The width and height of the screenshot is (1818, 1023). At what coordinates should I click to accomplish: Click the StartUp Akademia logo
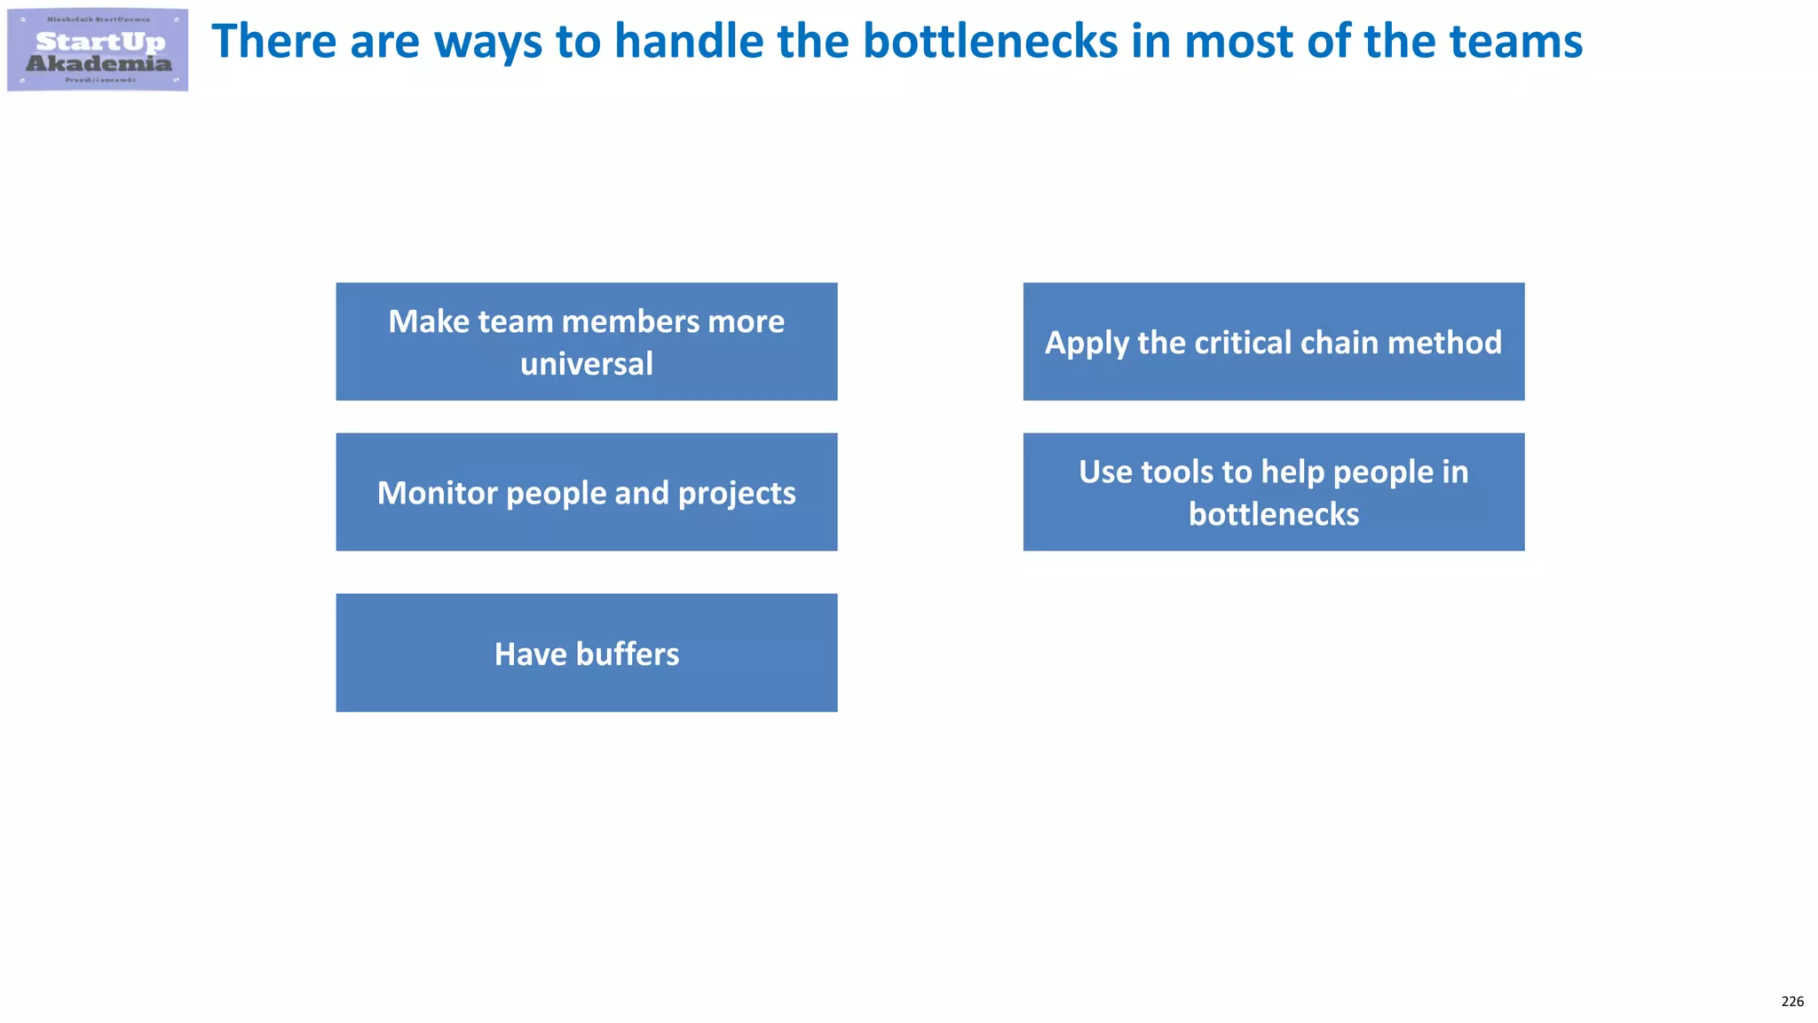click(98, 50)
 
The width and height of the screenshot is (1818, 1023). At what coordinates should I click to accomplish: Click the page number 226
click(1792, 1002)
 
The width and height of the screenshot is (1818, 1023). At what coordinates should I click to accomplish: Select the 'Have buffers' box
click(586, 653)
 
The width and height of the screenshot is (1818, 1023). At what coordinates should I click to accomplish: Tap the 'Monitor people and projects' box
click(586, 492)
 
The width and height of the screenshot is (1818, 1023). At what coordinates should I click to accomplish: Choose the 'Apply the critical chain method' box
click(1273, 342)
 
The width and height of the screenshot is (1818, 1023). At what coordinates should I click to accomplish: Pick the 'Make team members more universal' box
click(586, 342)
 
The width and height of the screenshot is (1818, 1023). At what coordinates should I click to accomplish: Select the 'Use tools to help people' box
click(1273, 492)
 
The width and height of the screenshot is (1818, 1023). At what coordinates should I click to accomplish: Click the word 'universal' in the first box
click(586, 363)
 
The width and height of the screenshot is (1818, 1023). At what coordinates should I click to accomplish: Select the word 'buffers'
click(627, 654)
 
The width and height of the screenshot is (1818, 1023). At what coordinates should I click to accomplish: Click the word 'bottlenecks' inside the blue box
click(1273, 514)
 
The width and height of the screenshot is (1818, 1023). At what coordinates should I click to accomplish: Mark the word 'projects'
click(736, 494)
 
